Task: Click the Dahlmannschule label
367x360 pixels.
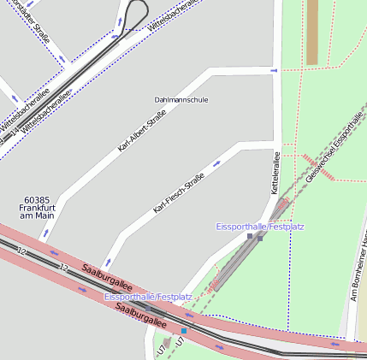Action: tap(181, 100)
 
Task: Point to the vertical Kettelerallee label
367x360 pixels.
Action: tap(276, 173)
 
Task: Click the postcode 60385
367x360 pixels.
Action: tap(37, 199)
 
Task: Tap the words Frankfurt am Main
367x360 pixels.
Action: tap(37, 211)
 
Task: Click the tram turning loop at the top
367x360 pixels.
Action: tap(136, 13)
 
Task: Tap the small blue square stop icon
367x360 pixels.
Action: tap(183, 330)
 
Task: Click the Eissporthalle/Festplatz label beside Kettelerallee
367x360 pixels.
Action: tap(259, 227)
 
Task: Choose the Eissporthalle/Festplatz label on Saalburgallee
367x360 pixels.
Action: tap(136, 296)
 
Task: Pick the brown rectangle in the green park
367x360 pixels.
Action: tap(312, 32)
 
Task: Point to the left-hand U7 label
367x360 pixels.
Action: tap(161, 350)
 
